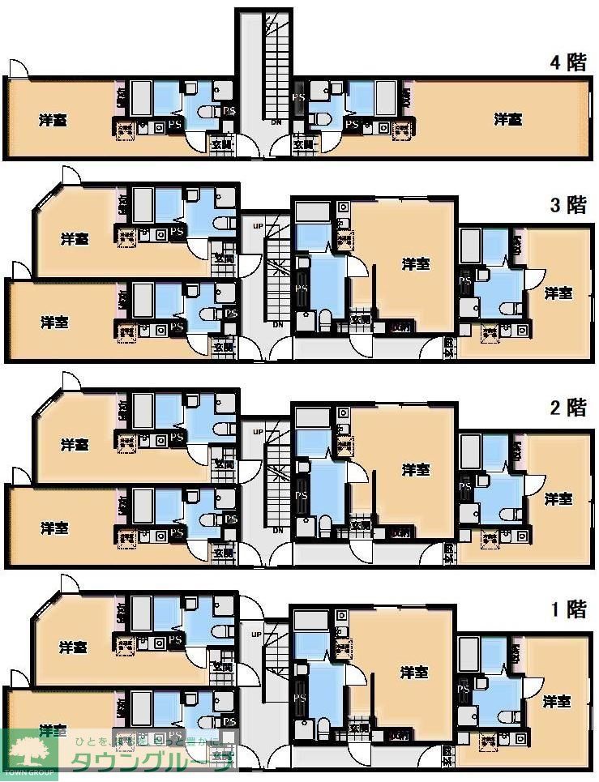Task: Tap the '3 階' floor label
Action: (x=567, y=205)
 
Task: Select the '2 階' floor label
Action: (x=567, y=407)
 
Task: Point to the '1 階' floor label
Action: (x=567, y=609)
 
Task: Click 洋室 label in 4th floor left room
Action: (x=53, y=120)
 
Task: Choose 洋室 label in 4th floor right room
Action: (x=508, y=120)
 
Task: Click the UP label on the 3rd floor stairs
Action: (x=259, y=226)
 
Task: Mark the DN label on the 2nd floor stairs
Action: (x=277, y=530)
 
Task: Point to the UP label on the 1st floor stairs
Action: (x=259, y=634)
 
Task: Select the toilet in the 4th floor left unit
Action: (x=207, y=116)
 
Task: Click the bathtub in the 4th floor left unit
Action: (x=142, y=98)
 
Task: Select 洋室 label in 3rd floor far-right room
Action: (x=558, y=292)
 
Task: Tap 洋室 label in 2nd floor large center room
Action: (x=416, y=469)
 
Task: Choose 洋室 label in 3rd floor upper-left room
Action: (x=74, y=239)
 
